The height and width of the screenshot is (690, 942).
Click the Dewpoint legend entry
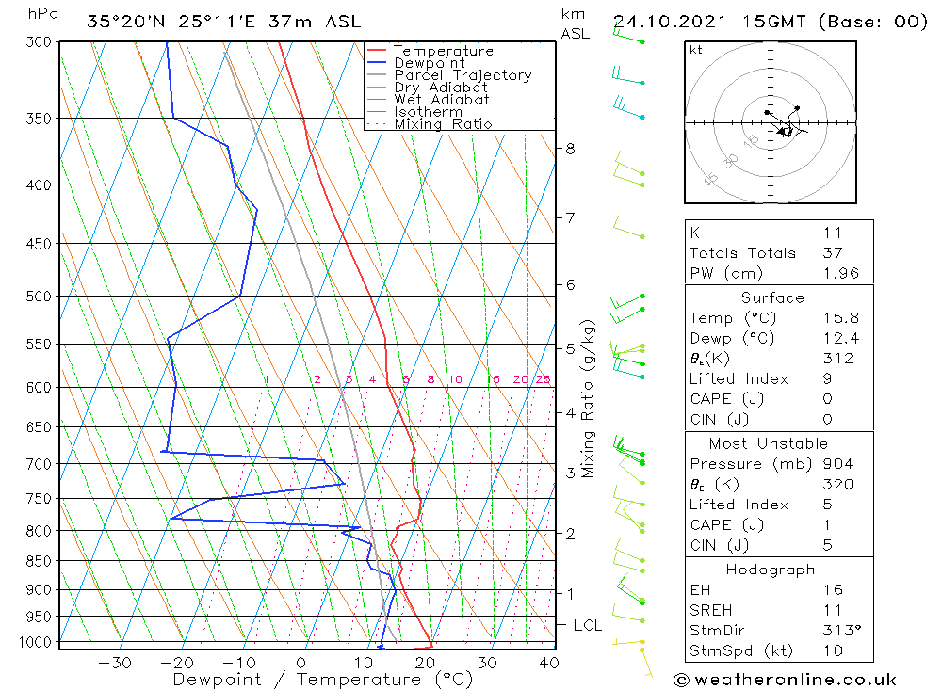point(429,63)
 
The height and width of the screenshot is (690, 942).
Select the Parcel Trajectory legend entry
point(462,75)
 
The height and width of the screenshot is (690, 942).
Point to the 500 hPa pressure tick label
point(40,297)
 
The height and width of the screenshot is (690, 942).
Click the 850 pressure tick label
point(40,561)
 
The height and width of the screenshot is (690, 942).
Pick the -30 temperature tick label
point(115,663)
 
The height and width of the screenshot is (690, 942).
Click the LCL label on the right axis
point(588,625)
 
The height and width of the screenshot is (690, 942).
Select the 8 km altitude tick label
point(570,149)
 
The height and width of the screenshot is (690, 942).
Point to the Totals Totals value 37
point(833,253)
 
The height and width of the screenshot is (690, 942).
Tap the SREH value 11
point(831,611)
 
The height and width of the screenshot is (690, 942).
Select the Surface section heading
point(772,298)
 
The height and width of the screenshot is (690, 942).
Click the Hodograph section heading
point(771,570)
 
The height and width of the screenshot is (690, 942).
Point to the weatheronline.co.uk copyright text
point(785,680)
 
